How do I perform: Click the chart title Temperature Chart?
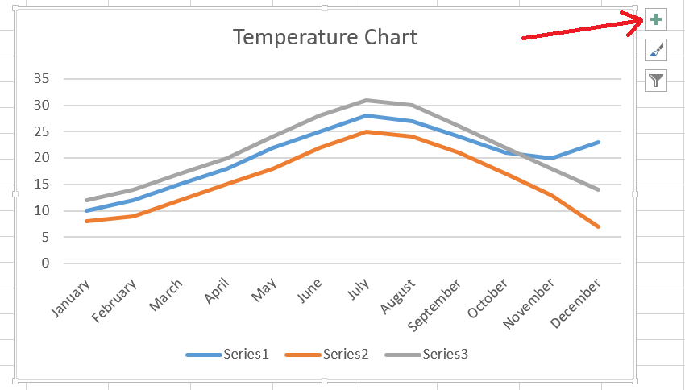click(325, 37)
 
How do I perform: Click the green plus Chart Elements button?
click(657, 20)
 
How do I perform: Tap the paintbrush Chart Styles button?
click(657, 51)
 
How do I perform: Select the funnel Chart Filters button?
click(657, 80)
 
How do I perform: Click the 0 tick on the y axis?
click(46, 263)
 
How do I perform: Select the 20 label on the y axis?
click(42, 158)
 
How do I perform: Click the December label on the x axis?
click(575, 303)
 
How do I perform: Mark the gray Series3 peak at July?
click(367, 100)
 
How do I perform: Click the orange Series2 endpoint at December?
click(599, 226)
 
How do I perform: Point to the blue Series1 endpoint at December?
click(599, 142)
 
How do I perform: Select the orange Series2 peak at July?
click(367, 131)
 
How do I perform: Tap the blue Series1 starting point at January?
click(85, 210)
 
